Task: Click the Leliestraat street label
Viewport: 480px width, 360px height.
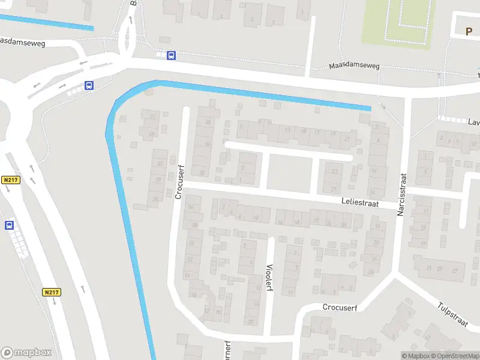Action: point(360,204)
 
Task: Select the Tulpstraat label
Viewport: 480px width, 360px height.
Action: point(453,314)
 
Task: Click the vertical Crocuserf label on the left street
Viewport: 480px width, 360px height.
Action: point(178,181)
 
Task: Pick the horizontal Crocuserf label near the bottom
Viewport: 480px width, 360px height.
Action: point(340,307)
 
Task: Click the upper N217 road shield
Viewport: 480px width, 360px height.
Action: point(11,180)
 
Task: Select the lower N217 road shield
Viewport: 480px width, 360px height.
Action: point(52,292)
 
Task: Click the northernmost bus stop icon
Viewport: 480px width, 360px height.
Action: point(172,56)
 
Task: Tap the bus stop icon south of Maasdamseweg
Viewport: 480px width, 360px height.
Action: point(89,86)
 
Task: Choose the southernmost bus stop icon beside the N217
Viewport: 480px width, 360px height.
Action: point(9,225)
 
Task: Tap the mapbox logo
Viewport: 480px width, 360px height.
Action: point(26,353)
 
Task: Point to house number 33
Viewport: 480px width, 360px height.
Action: point(159,164)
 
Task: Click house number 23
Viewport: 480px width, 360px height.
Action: point(334,172)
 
